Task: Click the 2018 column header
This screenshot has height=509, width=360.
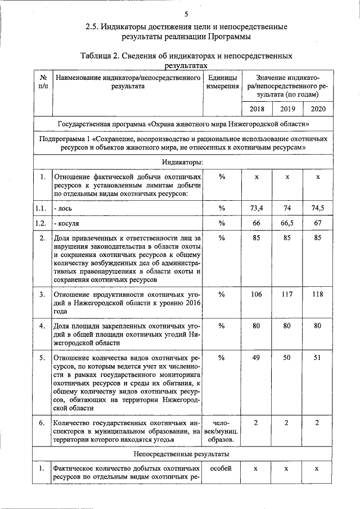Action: (256, 108)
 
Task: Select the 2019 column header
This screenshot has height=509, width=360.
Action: (287, 108)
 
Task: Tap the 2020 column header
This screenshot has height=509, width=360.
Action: (318, 108)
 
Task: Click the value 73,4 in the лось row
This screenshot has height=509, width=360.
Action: (256, 209)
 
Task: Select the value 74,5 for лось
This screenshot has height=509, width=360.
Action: (318, 209)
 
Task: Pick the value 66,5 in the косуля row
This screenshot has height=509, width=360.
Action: (287, 223)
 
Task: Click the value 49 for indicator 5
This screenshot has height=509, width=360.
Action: (256, 358)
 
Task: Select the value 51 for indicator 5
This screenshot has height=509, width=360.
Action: (318, 358)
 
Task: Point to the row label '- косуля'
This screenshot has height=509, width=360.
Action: (66, 224)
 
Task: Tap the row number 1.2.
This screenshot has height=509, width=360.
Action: (40, 223)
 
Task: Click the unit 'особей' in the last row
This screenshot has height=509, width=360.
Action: (220, 469)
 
